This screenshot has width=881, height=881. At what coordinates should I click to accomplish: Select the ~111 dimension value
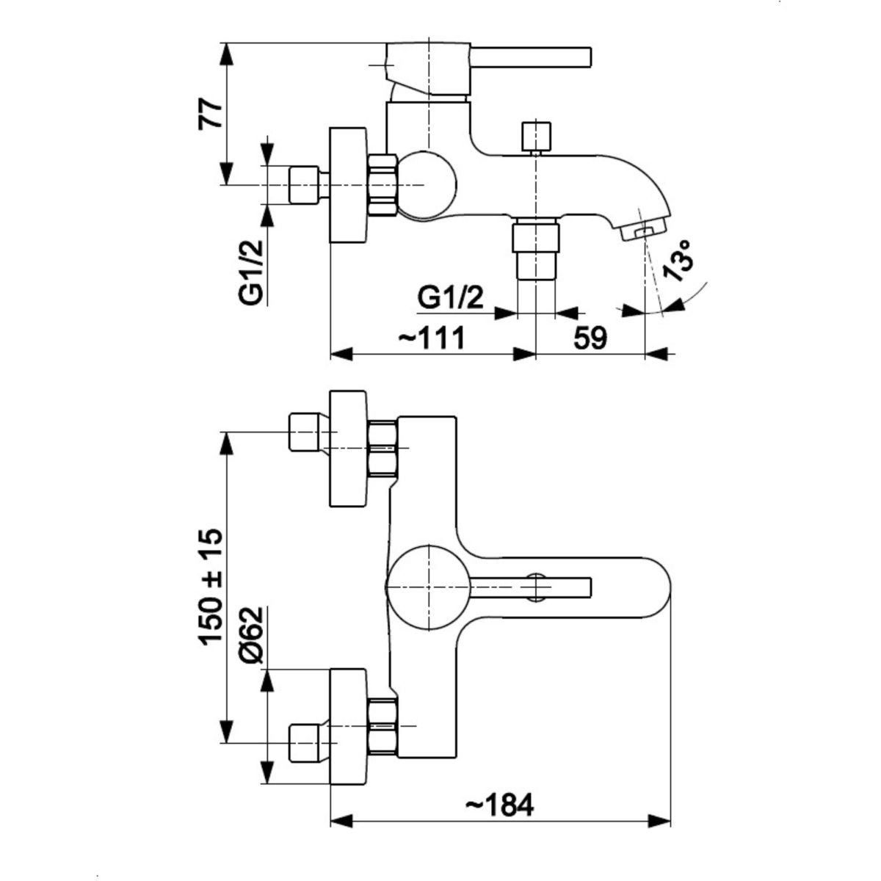click(432, 338)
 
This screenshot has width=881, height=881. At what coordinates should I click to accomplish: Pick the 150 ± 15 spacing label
click(211, 587)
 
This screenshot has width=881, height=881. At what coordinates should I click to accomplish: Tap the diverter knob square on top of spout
click(535, 137)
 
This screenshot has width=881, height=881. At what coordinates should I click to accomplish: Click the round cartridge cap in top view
click(426, 585)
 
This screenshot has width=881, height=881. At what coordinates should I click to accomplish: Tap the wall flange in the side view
click(347, 185)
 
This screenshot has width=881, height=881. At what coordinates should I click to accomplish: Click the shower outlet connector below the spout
click(535, 250)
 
